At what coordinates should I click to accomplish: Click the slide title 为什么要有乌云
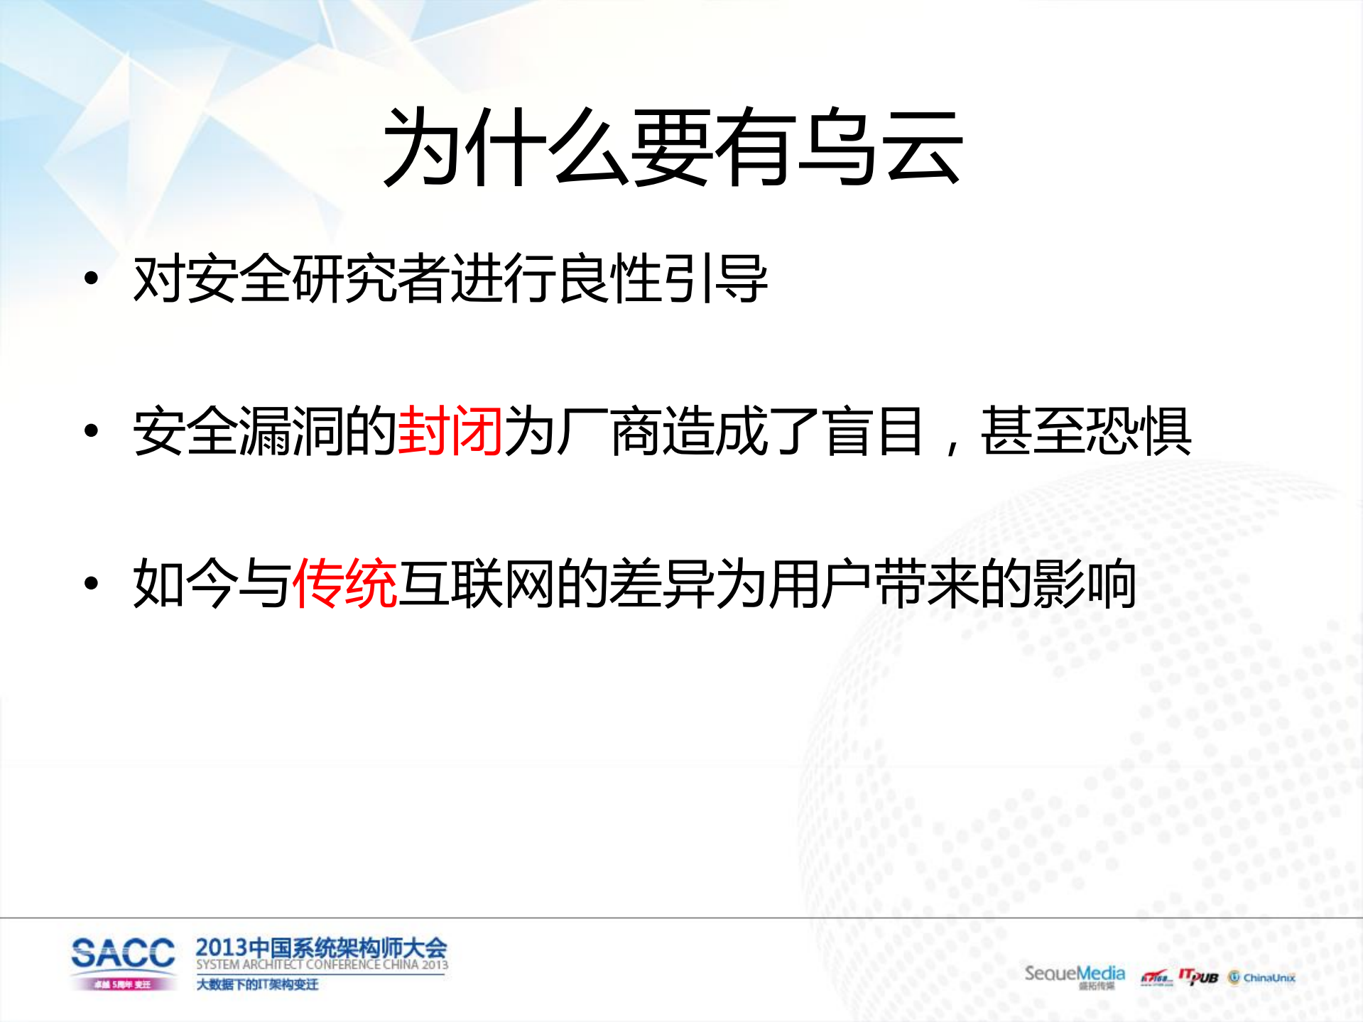pos(672,148)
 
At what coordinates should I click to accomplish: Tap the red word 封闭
pos(450,430)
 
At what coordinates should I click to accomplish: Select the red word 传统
pos(344,583)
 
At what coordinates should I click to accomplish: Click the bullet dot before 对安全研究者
pos(91,278)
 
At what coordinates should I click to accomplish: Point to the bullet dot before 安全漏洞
pos(91,430)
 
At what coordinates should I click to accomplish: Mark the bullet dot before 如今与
pos(91,583)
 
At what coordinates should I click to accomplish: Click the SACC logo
pos(123,953)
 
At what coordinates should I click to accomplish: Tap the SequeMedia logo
pos(1074,974)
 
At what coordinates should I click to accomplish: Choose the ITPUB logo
pos(1198,977)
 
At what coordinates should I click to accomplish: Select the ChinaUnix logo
pos(1262,978)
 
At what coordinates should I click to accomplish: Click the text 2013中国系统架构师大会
pos(321,947)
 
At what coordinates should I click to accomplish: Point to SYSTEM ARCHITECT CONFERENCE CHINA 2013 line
pos(322,964)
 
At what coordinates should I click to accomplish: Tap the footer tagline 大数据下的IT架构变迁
pos(257,984)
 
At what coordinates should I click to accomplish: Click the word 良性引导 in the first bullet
pos(663,278)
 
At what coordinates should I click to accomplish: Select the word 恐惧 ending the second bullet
pos(1139,430)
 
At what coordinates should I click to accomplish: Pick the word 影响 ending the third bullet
pos(1085,583)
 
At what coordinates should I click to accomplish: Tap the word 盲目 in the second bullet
pos(874,430)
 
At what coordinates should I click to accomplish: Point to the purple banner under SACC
pos(123,984)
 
